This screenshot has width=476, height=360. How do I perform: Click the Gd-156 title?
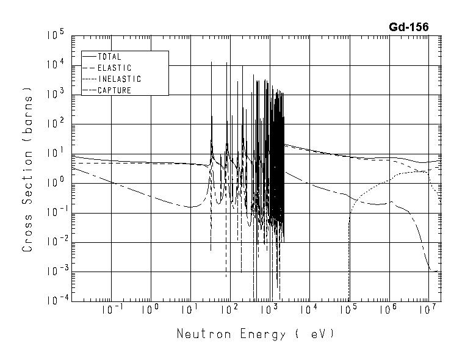point(408,27)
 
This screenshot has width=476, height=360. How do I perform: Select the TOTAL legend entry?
point(109,57)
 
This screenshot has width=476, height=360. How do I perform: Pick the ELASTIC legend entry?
point(114,68)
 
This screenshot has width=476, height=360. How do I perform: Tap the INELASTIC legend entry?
point(119,79)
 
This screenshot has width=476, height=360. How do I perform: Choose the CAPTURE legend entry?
point(114,90)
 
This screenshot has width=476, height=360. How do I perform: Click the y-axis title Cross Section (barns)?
point(27,169)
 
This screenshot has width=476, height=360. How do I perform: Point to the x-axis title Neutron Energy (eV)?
point(255,334)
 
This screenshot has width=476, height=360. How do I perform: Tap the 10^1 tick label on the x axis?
point(190,309)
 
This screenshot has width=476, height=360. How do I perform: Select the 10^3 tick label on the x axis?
point(269,309)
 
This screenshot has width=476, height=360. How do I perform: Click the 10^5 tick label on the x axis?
point(348,309)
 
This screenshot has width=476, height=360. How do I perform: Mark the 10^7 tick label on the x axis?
point(427,309)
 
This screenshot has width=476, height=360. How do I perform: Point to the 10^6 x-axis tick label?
point(388,309)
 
